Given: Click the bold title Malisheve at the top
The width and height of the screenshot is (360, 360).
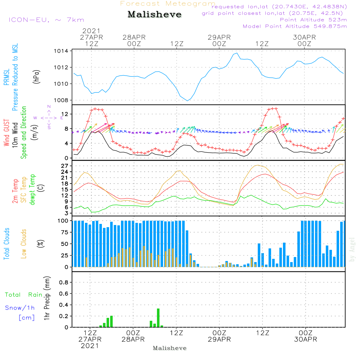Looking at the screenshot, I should click(x=155, y=15).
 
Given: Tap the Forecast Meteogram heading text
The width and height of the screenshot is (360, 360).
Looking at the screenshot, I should click(x=168, y=4).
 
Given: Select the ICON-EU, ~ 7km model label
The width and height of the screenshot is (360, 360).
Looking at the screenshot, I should click(x=46, y=20).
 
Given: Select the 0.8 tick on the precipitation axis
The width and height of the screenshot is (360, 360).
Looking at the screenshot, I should click(x=64, y=283).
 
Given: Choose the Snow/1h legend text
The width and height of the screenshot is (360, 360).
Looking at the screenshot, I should click(x=20, y=308).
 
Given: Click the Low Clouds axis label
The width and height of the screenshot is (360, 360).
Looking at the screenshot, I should click(x=24, y=243).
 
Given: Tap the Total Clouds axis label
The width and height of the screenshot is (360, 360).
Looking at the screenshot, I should click(x=7, y=243).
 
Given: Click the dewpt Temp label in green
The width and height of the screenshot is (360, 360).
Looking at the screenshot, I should click(x=33, y=190).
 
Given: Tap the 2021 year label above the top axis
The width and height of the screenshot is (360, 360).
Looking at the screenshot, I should click(x=91, y=31).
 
